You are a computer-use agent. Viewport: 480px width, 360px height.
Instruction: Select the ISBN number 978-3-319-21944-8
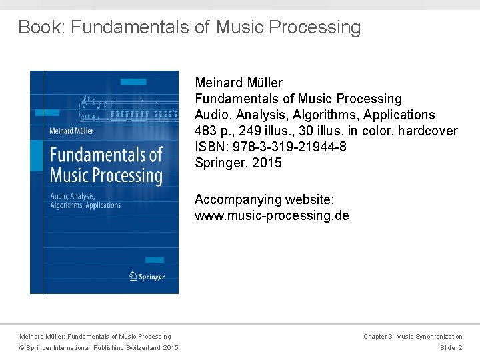289,147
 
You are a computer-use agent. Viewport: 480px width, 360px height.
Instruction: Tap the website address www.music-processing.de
271,215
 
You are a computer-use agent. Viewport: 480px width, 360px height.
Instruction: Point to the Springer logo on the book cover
146,276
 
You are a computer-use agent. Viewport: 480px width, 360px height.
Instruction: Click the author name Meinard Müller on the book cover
71,131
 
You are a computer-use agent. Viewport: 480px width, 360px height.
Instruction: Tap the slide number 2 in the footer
460,348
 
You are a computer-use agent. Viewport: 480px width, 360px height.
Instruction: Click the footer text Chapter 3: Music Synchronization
412,337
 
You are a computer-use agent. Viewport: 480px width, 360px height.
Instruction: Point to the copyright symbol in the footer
21,348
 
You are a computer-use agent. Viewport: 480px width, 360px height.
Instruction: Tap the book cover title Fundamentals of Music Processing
106,165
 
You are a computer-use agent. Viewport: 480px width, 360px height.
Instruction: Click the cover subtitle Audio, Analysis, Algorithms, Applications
85,201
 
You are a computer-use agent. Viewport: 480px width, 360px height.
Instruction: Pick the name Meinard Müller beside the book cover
239,83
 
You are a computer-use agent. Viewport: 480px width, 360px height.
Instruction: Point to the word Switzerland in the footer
138,348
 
